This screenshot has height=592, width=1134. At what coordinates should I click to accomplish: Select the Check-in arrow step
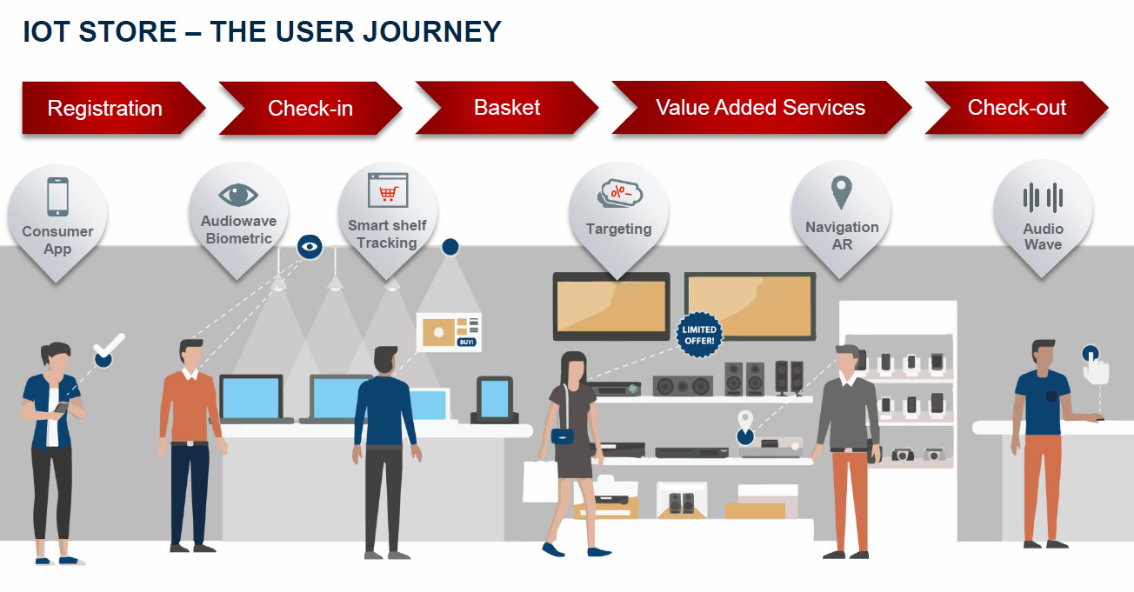(x=310, y=109)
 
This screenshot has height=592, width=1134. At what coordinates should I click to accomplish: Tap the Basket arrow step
(x=507, y=108)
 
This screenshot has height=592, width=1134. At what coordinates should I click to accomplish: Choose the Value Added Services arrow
(x=760, y=108)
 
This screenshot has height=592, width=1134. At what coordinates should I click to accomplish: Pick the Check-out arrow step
(x=1017, y=109)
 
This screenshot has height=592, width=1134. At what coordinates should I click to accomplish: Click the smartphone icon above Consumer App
(x=57, y=196)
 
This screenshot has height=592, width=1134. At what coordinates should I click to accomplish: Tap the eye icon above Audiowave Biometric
(x=238, y=195)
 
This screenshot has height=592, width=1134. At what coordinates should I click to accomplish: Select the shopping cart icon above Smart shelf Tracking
(x=388, y=190)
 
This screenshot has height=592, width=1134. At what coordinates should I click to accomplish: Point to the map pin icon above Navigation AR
(x=841, y=192)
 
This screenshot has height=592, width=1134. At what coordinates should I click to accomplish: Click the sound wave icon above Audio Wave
(x=1043, y=197)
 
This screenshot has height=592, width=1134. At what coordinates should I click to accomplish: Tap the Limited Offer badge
(x=699, y=335)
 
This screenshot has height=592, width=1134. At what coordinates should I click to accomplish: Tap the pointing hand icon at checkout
(x=1095, y=366)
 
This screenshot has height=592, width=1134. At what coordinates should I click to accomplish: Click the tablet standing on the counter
(x=494, y=399)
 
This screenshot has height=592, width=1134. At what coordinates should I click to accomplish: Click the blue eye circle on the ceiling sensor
(x=309, y=247)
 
